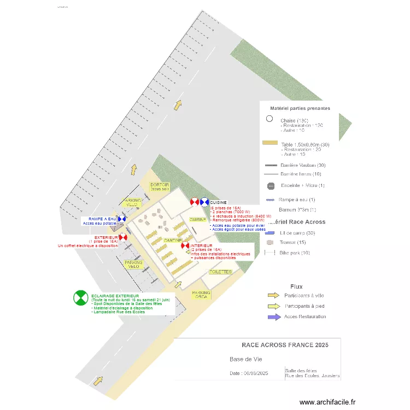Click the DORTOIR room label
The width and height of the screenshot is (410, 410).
click(160, 186)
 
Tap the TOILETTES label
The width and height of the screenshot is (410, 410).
click(220, 272)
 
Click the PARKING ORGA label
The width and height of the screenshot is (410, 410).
click(201, 295)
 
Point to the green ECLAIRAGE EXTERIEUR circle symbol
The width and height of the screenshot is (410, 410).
click(80, 298)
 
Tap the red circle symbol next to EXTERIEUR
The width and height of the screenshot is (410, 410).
click(123, 237)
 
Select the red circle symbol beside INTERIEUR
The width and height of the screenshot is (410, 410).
click(185, 247)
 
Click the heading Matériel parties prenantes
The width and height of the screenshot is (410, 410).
click(300, 108)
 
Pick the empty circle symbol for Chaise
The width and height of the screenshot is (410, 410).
click(269, 119)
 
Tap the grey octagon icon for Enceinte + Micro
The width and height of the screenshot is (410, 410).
click(270, 185)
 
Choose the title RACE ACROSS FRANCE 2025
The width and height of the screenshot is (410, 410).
click(285, 345)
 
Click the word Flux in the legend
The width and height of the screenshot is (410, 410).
click(297, 286)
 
